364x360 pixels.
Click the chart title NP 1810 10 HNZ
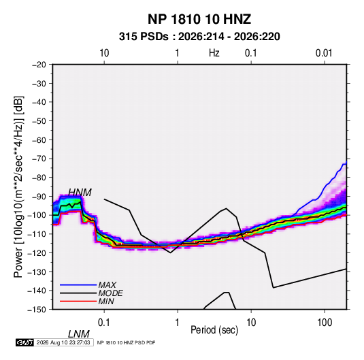point(199,19)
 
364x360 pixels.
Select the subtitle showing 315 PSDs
point(199,37)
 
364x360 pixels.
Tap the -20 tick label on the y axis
point(39,65)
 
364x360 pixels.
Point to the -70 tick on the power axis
point(39,159)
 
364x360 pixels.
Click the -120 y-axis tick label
point(37,253)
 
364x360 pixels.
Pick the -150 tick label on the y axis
point(37,310)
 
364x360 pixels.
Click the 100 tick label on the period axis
point(325,323)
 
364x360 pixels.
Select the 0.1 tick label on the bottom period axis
point(104,323)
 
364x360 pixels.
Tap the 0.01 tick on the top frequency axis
point(324,53)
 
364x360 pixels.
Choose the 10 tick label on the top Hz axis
point(104,53)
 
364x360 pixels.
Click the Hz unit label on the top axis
point(214,53)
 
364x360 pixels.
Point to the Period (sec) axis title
point(214,330)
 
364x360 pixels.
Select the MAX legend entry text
point(107,284)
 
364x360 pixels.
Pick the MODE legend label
point(110,293)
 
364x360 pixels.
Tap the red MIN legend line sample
point(78,301)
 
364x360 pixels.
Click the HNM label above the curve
point(80,193)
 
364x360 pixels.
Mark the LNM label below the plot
point(79,334)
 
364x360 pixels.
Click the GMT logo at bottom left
point(24,342)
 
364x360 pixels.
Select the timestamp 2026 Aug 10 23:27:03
point(63,342)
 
